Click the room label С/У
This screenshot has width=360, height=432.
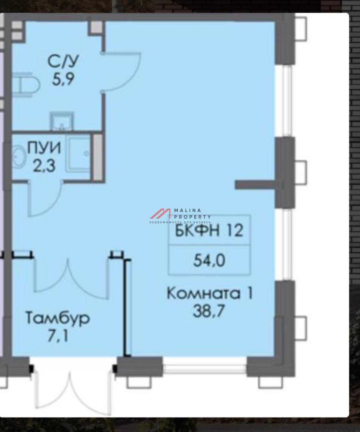coord(63,61)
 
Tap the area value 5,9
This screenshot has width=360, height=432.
coord(63,80)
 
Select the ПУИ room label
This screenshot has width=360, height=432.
coord(44,147)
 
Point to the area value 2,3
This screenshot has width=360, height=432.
coord(44,166)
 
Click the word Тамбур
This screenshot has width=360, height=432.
coord(58,319)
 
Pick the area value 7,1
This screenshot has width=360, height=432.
coord(58,336)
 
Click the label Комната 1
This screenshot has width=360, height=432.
coord(210,293)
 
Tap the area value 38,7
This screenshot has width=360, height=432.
coord(209,311)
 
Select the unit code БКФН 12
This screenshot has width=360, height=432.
coord(209,231)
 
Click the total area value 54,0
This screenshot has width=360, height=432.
coord(209,260)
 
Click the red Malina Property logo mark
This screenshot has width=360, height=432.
coord(160,214)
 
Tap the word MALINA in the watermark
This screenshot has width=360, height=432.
coord(188,210)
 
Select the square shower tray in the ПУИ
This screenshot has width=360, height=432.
coord(79,153)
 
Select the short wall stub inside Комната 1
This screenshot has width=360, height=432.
coord(256,184)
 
